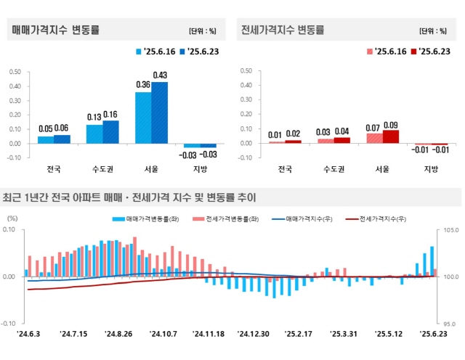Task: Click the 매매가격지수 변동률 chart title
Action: pos(55,30)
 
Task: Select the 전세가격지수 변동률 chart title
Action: pos(284,30)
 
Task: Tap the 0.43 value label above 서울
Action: pos(160,75)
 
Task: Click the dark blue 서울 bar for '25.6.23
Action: pos(160,112)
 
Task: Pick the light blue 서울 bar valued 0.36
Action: pos(143,118)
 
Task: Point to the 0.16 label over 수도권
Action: pos(110,115)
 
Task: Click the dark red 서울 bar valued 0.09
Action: pos(391,136)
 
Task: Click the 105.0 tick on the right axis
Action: pos(448,230)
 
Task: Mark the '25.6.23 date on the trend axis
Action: pos(434,335)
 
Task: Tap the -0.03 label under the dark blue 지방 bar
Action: pos(209,155)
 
